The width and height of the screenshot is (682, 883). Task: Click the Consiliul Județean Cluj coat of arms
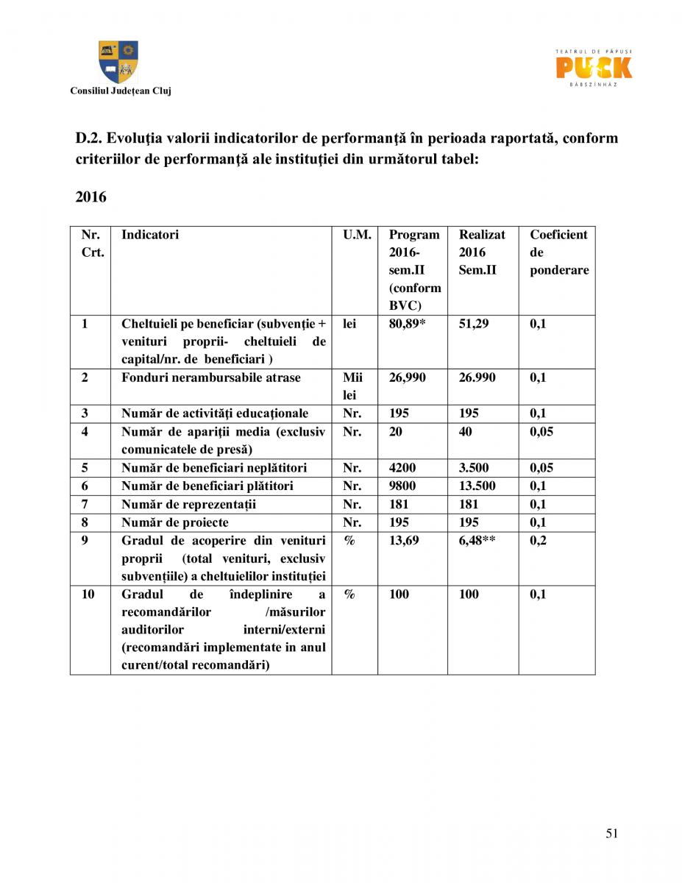[x=118, y=62]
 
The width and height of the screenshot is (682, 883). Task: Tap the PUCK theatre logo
[x=594, y=67]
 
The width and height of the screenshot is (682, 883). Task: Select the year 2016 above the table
[x=90, y=197]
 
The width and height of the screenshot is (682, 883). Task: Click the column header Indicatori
[x=150, y=235]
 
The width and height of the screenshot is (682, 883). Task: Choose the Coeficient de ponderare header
[x=558, y=252]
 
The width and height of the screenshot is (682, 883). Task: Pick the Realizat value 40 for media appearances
[x=466, y=431]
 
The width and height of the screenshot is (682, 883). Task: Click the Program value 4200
[x=402, y=467]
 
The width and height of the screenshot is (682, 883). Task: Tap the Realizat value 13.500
[x=477, y=486]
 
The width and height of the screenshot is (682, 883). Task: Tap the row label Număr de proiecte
[x=175, y=522]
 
